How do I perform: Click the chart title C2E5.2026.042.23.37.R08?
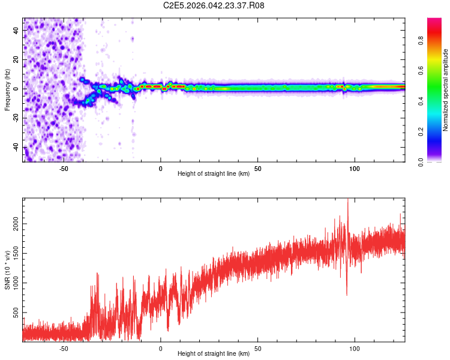[214, 6]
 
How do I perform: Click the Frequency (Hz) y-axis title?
[7, 89]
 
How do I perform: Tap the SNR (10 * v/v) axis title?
[7, 270]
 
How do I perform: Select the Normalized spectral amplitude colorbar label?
[445, 89]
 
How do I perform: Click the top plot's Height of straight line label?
[214, 173]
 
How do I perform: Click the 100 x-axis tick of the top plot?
[354, 168]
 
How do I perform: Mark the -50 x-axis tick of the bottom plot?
[64, 348]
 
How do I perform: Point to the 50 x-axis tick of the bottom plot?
[257, 348]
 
